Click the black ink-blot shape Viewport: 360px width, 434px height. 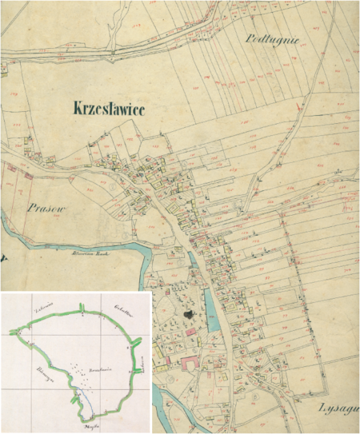[189, 316]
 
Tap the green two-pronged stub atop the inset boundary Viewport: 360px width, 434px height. [82, 309]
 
